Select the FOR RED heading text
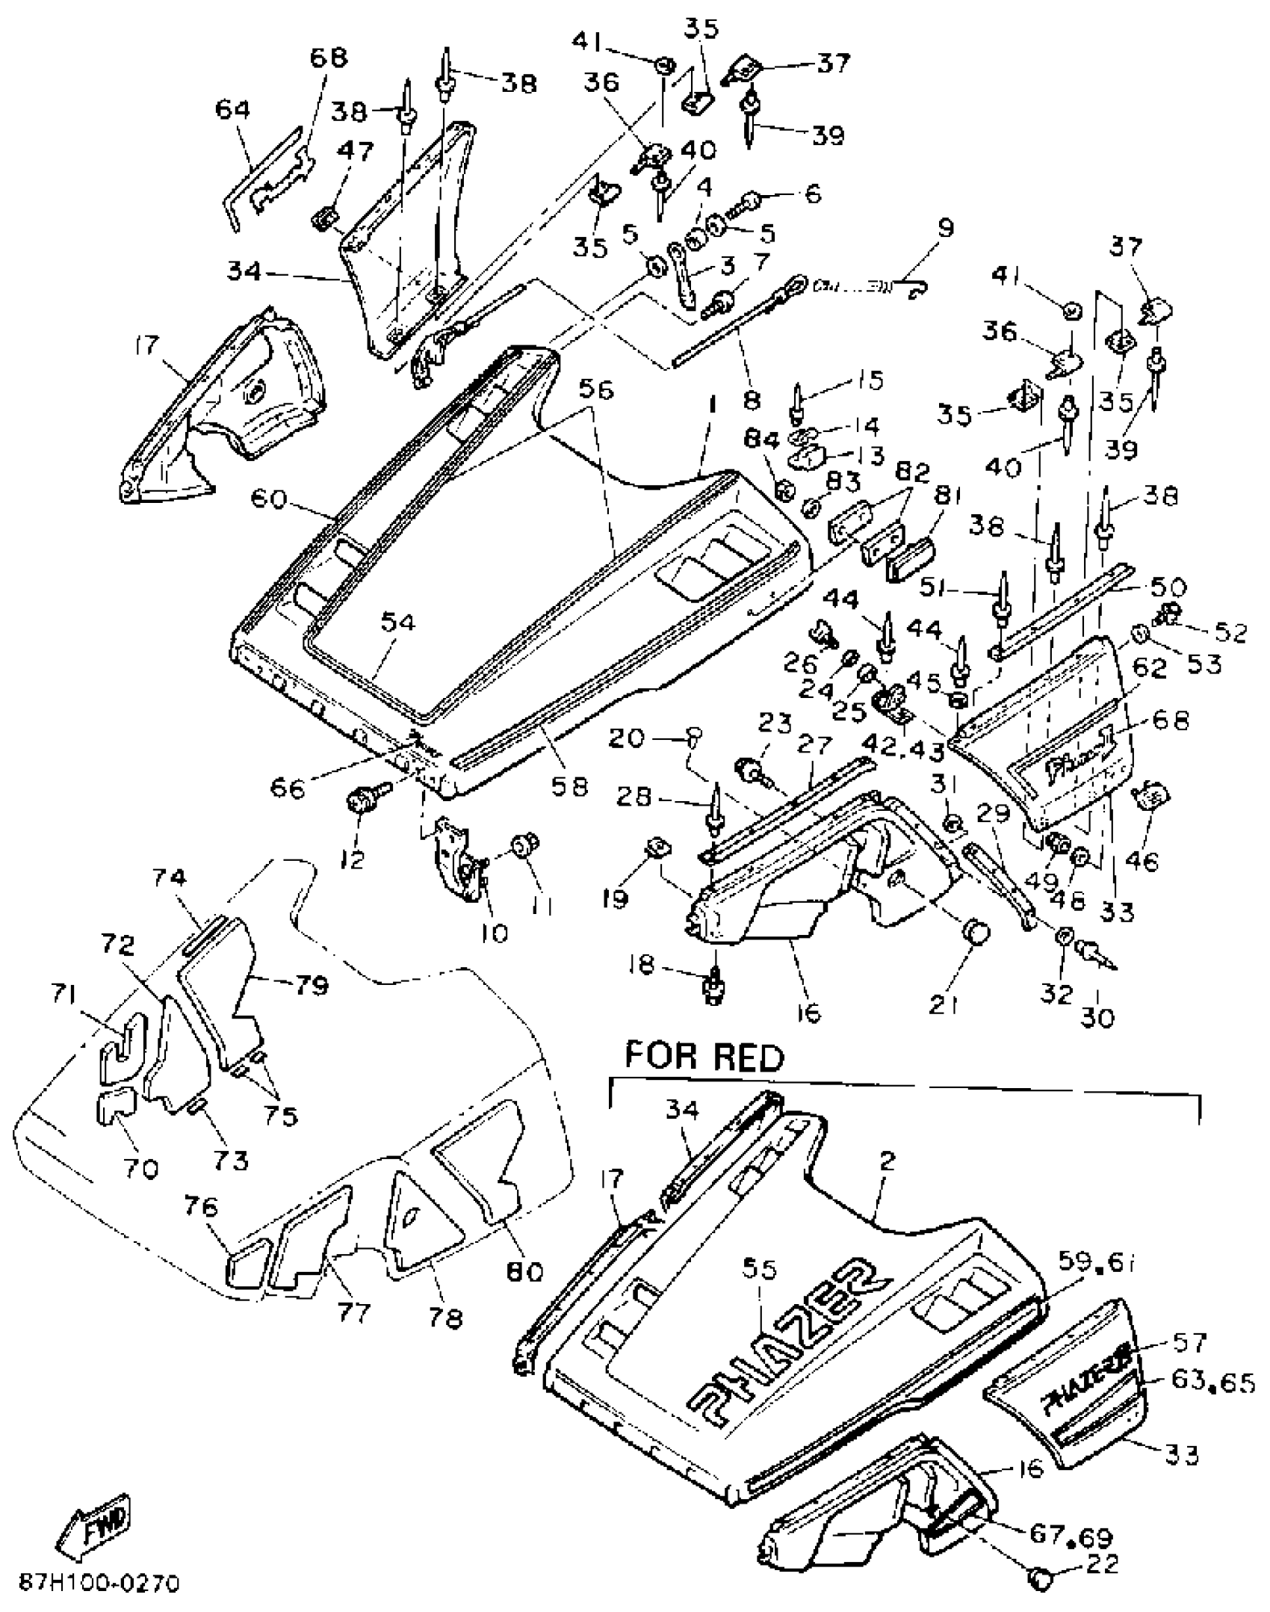[x=704, y=1057]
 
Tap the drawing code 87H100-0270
[x=99, y=1584]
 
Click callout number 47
[x=356, y=152]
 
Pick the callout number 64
[x=232, y=110]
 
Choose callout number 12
[x=351, y=859]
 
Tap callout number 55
[x=760, y=1268]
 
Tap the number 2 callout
[x=887, y=1161]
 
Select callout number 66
[x=288, y=787]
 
